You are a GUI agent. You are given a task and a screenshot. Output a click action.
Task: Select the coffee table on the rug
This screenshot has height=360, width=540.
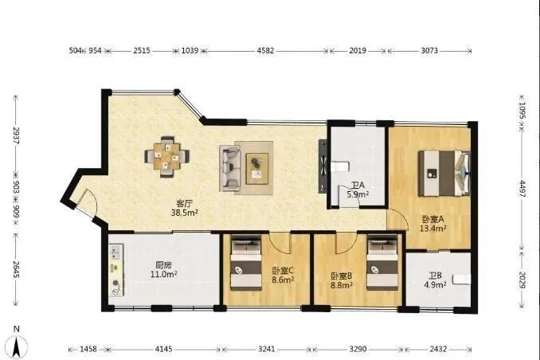(257, 164)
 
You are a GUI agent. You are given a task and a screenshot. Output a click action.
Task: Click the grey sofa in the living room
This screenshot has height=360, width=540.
(230, 167)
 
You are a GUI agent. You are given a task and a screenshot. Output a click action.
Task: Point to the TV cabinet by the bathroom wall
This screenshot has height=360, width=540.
(323, 166)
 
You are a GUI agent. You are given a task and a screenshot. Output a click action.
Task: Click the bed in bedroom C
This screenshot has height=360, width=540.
(244, 264)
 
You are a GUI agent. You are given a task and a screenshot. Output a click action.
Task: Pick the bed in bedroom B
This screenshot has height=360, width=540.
(380, 265)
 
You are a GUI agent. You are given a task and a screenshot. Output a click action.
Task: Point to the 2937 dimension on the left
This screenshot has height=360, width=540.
(14, 143)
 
